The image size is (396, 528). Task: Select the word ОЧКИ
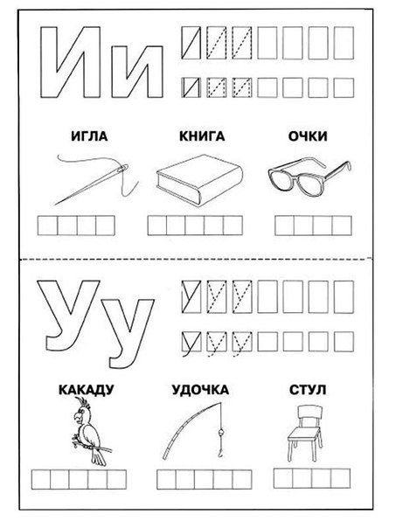[x=306, y=136]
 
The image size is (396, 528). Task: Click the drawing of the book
[x=197, y=181]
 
